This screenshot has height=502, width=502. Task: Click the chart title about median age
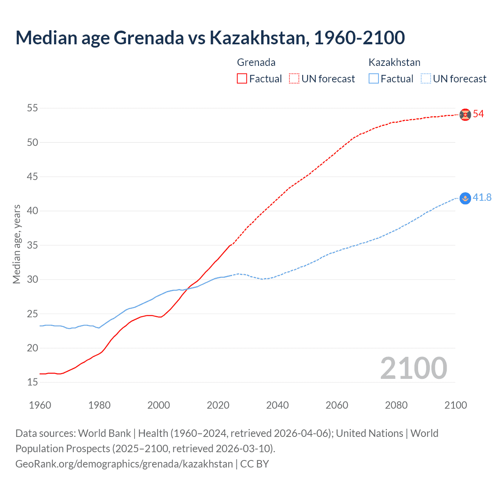click(x=210, y=38)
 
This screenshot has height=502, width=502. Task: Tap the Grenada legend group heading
click(x=256, y=62)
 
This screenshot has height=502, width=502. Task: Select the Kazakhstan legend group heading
click(x=394, y=62)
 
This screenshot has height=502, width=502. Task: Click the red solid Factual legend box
click(x=242, y=79)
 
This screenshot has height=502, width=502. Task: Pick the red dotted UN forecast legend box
click(x=294, y=79)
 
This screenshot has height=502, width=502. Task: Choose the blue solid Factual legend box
click(x=374, y=79)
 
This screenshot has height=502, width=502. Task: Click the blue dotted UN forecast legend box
click(x=426, y=79)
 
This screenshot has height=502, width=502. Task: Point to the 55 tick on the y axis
click(x=33, y=108)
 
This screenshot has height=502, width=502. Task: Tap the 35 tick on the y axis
click(x=33, y=245)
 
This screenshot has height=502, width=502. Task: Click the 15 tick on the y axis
click(x=33, y=382)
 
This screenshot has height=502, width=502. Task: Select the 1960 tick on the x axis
click(x=40, y=405)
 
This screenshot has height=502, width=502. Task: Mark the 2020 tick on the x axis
click(x=218, y=405)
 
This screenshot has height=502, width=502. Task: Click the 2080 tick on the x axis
click(x=396, y=405)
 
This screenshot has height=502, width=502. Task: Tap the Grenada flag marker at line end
click(x=465, y=115)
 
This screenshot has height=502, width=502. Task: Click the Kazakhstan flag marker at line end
click(x=465, y=198)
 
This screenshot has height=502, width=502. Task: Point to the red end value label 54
click(x=478, y=114)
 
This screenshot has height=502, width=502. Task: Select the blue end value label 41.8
click(x=482, y=198)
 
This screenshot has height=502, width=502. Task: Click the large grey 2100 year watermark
click(x=413, y=368)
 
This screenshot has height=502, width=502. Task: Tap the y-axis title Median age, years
click(x=16, y=244)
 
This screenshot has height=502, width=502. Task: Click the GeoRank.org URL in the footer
click(x=124, y=464)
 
